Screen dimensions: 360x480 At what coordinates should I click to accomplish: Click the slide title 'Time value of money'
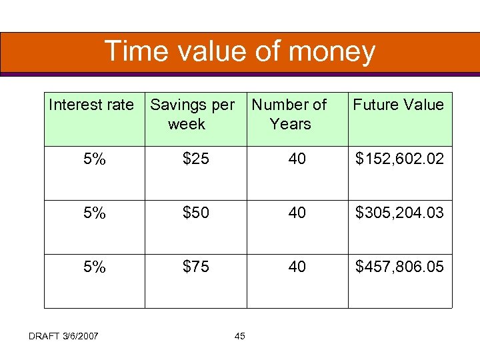point(240,51)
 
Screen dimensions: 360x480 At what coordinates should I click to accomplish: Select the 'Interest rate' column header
point(91,105)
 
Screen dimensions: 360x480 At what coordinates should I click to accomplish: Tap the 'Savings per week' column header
point(192,114)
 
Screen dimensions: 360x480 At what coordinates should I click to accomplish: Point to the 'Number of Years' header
point(289,114)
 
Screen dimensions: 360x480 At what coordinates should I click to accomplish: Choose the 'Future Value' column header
point(398,105)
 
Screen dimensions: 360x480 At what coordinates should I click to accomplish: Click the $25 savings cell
point(196,159)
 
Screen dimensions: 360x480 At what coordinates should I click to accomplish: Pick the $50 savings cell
point(196,213)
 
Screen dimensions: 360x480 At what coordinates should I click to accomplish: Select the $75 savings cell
point(196,267)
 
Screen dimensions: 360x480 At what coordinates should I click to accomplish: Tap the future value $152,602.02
point(399,159)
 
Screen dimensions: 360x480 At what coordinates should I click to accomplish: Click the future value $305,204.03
point(399,213)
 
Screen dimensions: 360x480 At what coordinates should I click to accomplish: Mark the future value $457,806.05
point(399,267)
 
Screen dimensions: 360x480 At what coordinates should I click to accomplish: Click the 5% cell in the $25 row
point(95,159)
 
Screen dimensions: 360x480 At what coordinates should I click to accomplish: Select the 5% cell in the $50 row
point(95,213)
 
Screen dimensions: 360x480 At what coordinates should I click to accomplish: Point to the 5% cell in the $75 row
point(95,267)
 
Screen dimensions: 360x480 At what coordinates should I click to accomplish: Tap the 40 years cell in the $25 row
point(297,159)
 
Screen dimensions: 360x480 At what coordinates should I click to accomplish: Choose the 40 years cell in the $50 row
point(297,213)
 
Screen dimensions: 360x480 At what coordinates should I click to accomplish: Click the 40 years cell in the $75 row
point(297,267)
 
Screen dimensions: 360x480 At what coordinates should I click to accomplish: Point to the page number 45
point(240,335)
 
